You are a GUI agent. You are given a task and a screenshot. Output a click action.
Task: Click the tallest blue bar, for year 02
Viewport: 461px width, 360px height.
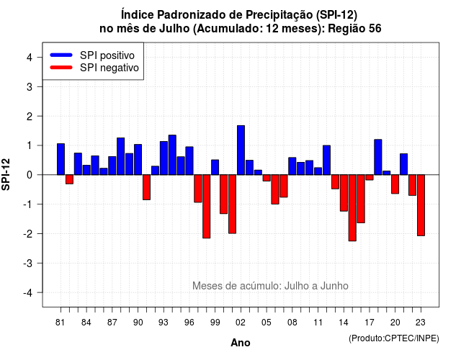241,150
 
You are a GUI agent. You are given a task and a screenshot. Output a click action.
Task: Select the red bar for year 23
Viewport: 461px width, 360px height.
421,205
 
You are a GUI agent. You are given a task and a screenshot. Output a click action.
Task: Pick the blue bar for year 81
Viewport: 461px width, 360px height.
61,159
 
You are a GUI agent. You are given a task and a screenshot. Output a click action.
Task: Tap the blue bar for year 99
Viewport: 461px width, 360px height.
215,167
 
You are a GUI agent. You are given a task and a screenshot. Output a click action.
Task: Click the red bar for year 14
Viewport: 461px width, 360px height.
344,193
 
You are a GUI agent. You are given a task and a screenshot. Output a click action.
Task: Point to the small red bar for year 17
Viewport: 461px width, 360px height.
370,177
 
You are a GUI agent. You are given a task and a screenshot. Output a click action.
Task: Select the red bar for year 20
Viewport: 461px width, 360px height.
395,184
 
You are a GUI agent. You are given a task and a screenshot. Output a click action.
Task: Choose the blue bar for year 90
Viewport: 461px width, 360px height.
138,160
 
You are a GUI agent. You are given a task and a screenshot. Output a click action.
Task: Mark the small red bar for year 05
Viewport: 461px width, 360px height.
267,178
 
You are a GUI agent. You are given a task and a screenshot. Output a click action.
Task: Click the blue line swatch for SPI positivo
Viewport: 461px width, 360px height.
61,55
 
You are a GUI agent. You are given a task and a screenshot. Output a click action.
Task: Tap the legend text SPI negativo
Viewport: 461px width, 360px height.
109,68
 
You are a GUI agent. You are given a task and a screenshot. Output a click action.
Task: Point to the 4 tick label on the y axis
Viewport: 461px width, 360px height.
30,58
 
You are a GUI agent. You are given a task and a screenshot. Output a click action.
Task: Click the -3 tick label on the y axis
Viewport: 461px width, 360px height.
27,264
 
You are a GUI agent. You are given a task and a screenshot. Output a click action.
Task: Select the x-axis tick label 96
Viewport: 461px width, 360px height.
189,323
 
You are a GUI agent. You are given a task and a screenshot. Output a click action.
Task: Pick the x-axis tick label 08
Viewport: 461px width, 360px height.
292,323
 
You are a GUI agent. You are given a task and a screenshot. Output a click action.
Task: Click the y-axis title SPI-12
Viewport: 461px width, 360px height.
6,174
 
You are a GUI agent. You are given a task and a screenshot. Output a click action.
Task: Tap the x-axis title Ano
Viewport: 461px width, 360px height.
241,343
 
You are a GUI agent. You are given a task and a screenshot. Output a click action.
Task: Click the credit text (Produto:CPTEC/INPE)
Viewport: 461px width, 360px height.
394,338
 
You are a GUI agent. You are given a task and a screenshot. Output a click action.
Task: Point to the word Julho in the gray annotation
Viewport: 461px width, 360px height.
297,286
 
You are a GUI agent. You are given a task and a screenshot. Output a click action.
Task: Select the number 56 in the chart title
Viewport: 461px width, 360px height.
375,29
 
